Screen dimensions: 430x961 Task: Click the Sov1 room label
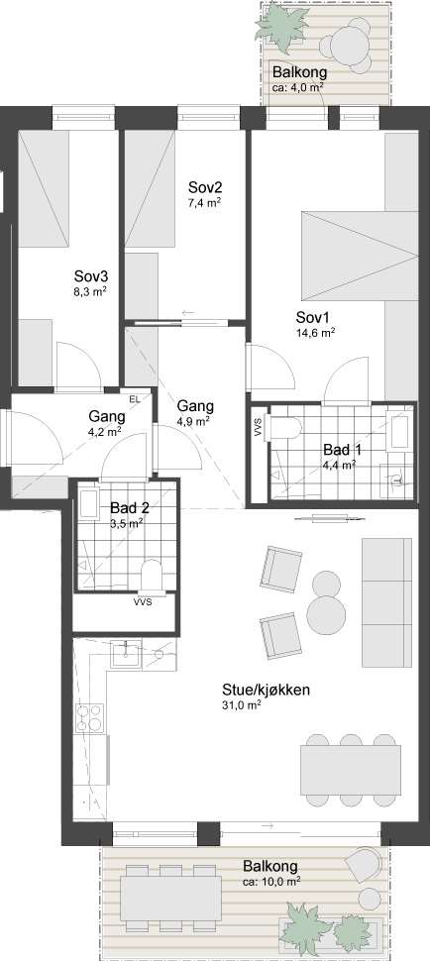pos(313,318)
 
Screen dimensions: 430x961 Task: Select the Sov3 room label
pos(90,275)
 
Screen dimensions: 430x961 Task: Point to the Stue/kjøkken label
pos(266,691)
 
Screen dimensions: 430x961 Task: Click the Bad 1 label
pos(343,450)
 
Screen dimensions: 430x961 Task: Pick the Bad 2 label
pos(130,508)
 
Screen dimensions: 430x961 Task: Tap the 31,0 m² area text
pos(242,705)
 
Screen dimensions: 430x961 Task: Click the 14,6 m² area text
pos(315,333)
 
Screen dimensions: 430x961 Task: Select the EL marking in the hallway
pos(134,399)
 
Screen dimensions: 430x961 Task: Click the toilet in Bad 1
pos(286,426)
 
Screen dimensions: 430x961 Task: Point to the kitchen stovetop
pos(89,719)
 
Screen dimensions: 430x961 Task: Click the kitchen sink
pos(126,654)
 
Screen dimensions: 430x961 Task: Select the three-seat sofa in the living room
pos(386,602)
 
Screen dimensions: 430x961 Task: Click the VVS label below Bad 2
pos(144,601)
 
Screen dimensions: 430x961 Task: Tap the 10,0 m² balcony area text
pos(270,882)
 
